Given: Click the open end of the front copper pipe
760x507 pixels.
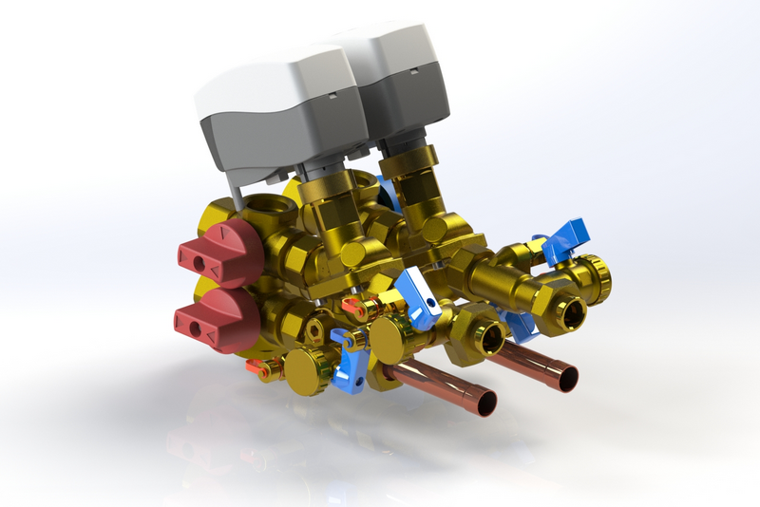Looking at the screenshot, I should coord(483,403).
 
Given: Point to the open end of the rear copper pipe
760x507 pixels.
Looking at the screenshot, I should coord(566,377).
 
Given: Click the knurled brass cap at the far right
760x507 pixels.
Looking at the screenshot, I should coord(596,275).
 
